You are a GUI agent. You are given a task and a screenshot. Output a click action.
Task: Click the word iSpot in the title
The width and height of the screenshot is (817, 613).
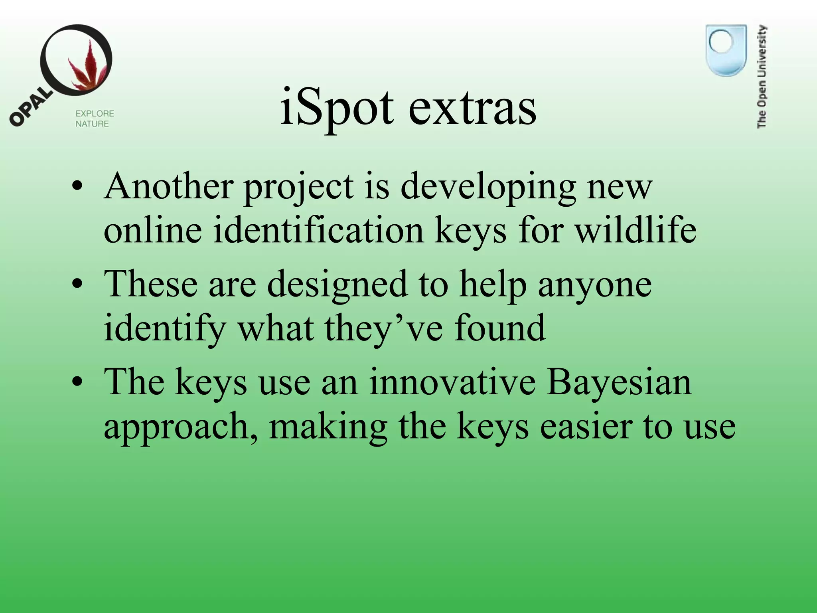coord(337,107)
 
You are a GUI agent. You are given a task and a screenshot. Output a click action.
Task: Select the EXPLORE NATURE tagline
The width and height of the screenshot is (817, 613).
coord(95,119)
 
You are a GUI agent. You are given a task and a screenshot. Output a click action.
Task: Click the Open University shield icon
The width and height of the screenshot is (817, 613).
coord(726,50)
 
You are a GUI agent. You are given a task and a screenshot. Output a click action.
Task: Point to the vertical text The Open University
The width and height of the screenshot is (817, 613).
coord(762,77)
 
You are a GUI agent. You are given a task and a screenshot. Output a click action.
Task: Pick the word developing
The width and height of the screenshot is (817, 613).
coord(488,188)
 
